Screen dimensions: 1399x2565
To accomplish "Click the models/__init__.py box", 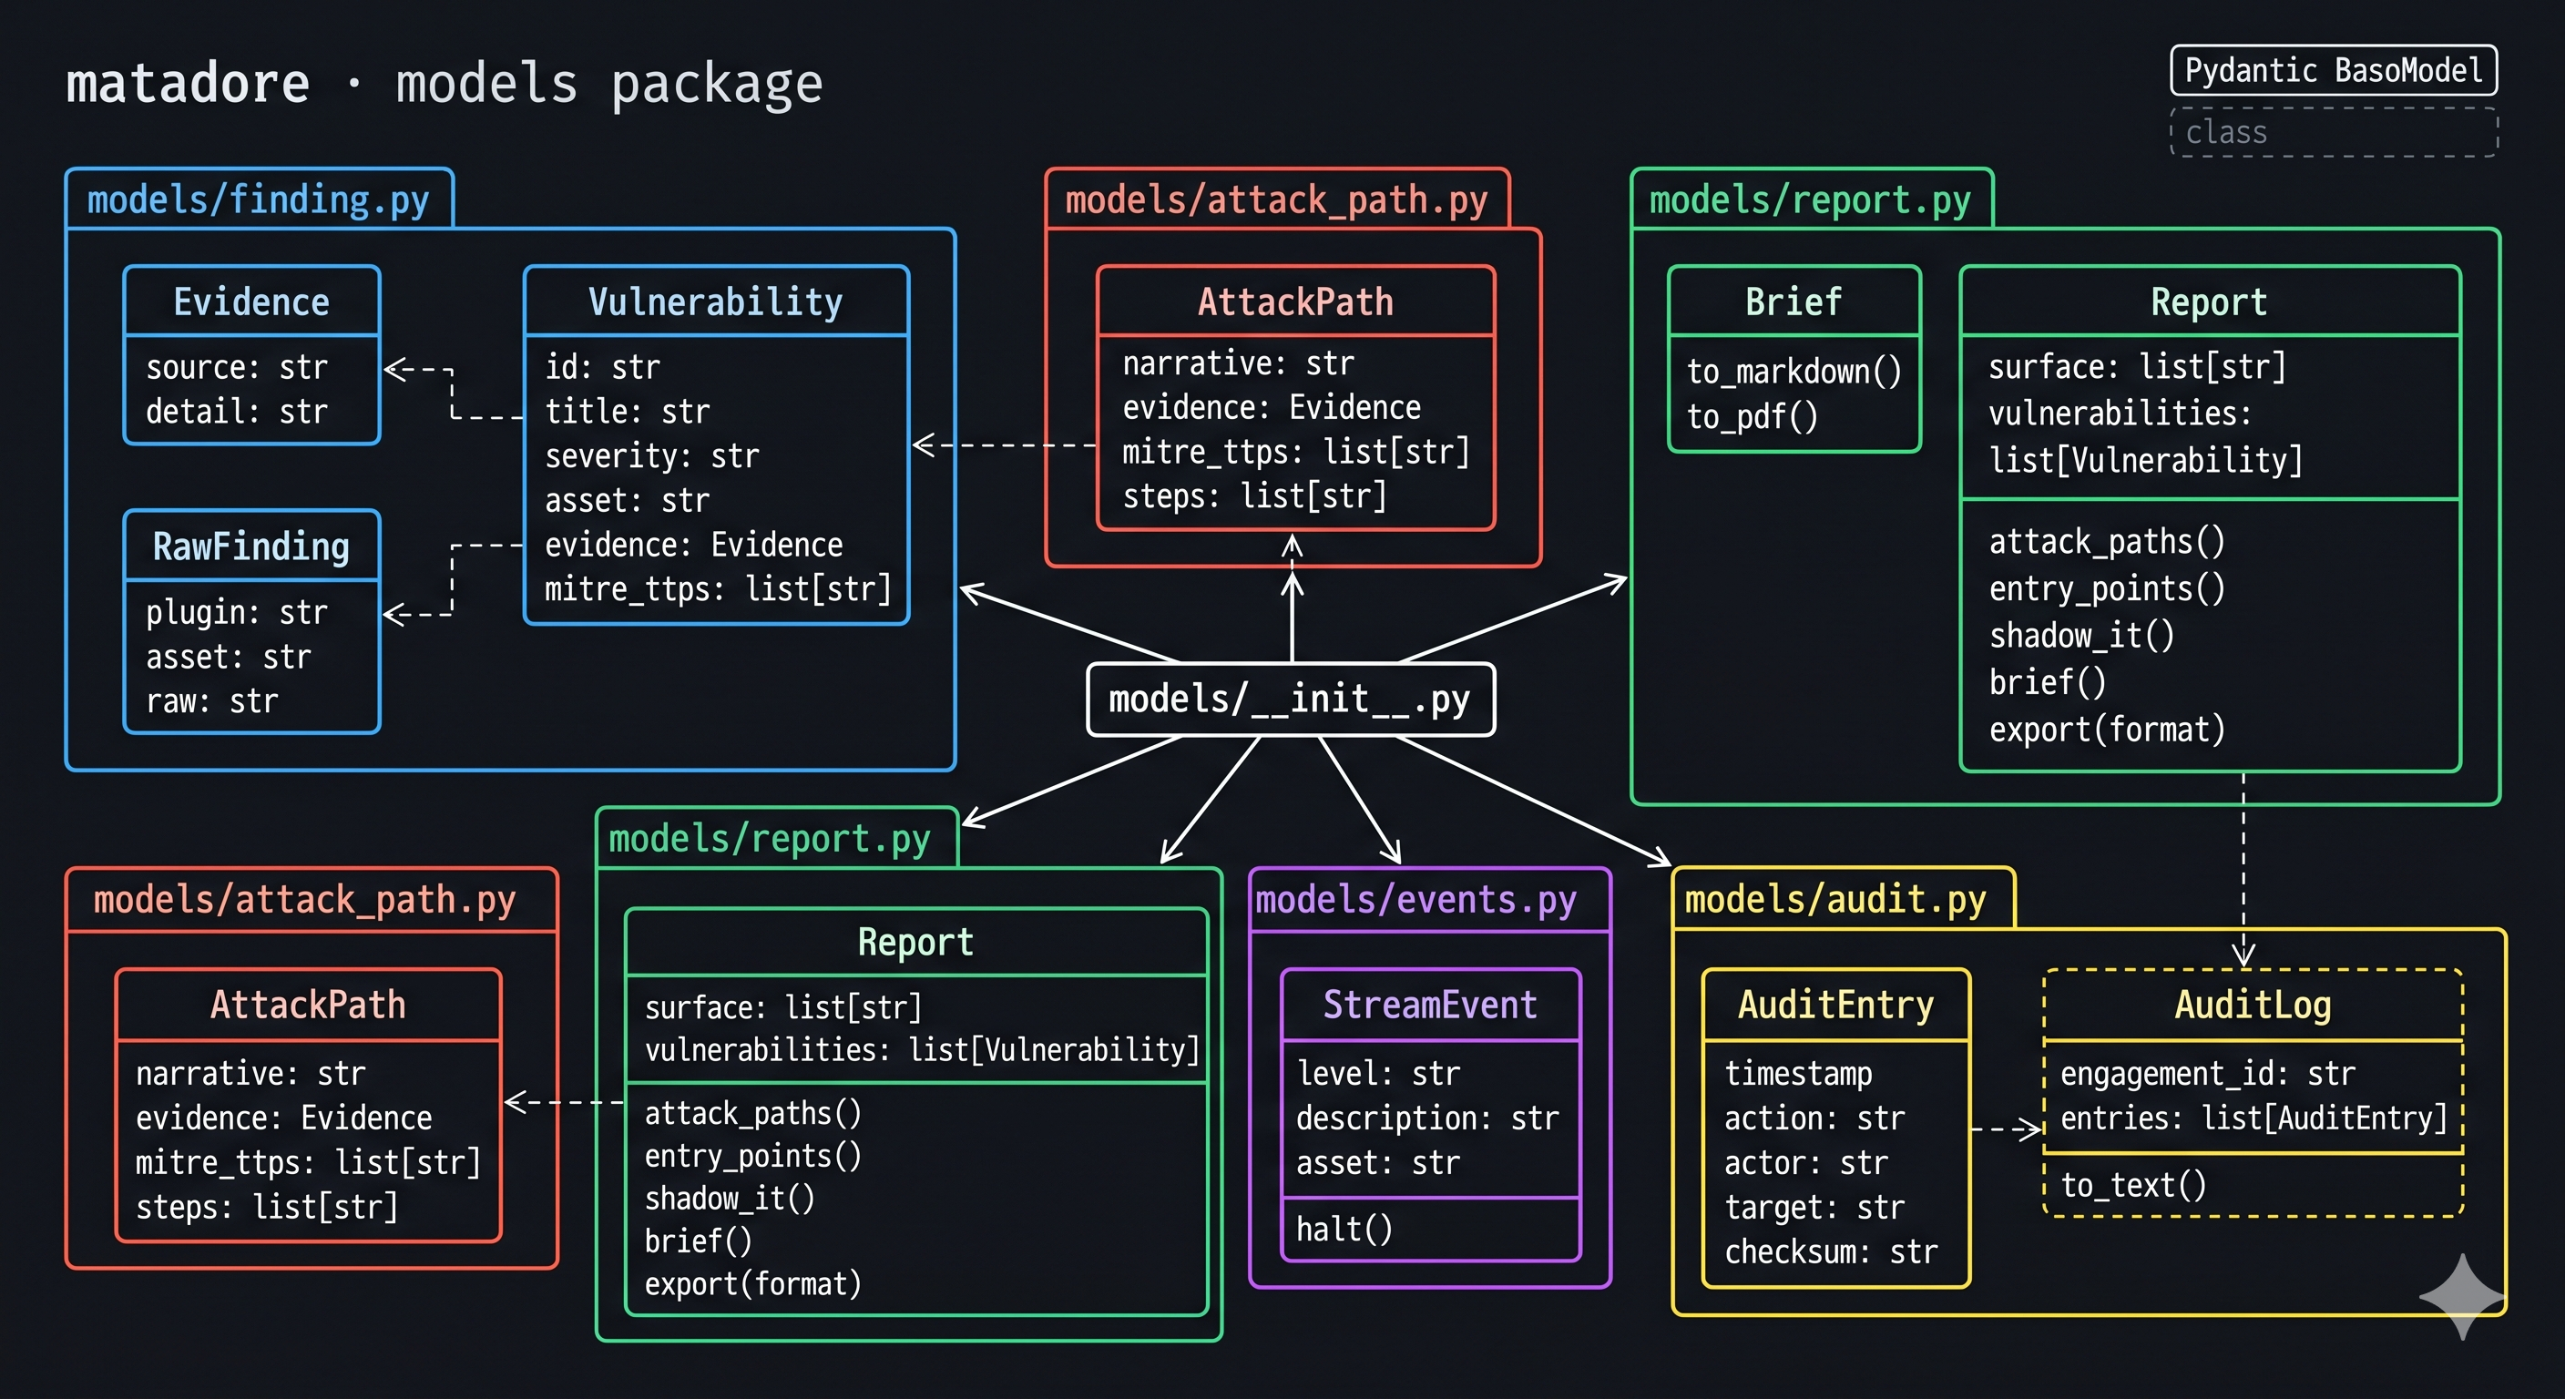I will tap(1291, 699).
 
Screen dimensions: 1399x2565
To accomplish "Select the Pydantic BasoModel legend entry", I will tap(2333, 71).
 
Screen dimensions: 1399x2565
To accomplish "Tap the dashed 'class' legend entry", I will tap(2333, 132).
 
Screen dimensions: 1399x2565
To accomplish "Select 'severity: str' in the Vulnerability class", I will tap(651, 456).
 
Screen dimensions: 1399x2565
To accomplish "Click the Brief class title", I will tap(1793, 301).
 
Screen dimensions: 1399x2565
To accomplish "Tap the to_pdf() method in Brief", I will tap(1753, 416).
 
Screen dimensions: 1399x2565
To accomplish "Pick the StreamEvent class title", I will tap(1430, 1005).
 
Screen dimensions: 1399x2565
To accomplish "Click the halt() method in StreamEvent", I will tap(1344, 1229).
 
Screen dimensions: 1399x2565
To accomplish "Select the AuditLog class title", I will tap(2253, 1005).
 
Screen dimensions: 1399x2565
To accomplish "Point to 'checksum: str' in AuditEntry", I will tap(1830, 1251).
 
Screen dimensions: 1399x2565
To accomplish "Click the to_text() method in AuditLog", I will tap(2133, 1185).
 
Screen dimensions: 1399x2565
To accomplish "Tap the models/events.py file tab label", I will tap(1415, 900).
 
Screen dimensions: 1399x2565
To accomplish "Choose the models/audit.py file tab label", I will tap(1834, 900).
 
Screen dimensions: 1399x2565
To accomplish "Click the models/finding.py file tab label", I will tap(258, 200).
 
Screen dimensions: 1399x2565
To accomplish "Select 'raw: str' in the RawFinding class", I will tap(211, 701).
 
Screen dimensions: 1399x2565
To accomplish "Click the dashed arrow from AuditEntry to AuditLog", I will tap(2006, 1128).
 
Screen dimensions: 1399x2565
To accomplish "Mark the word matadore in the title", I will tap(188, 83).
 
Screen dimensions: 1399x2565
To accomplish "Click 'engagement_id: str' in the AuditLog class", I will tap(2208, 1074).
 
